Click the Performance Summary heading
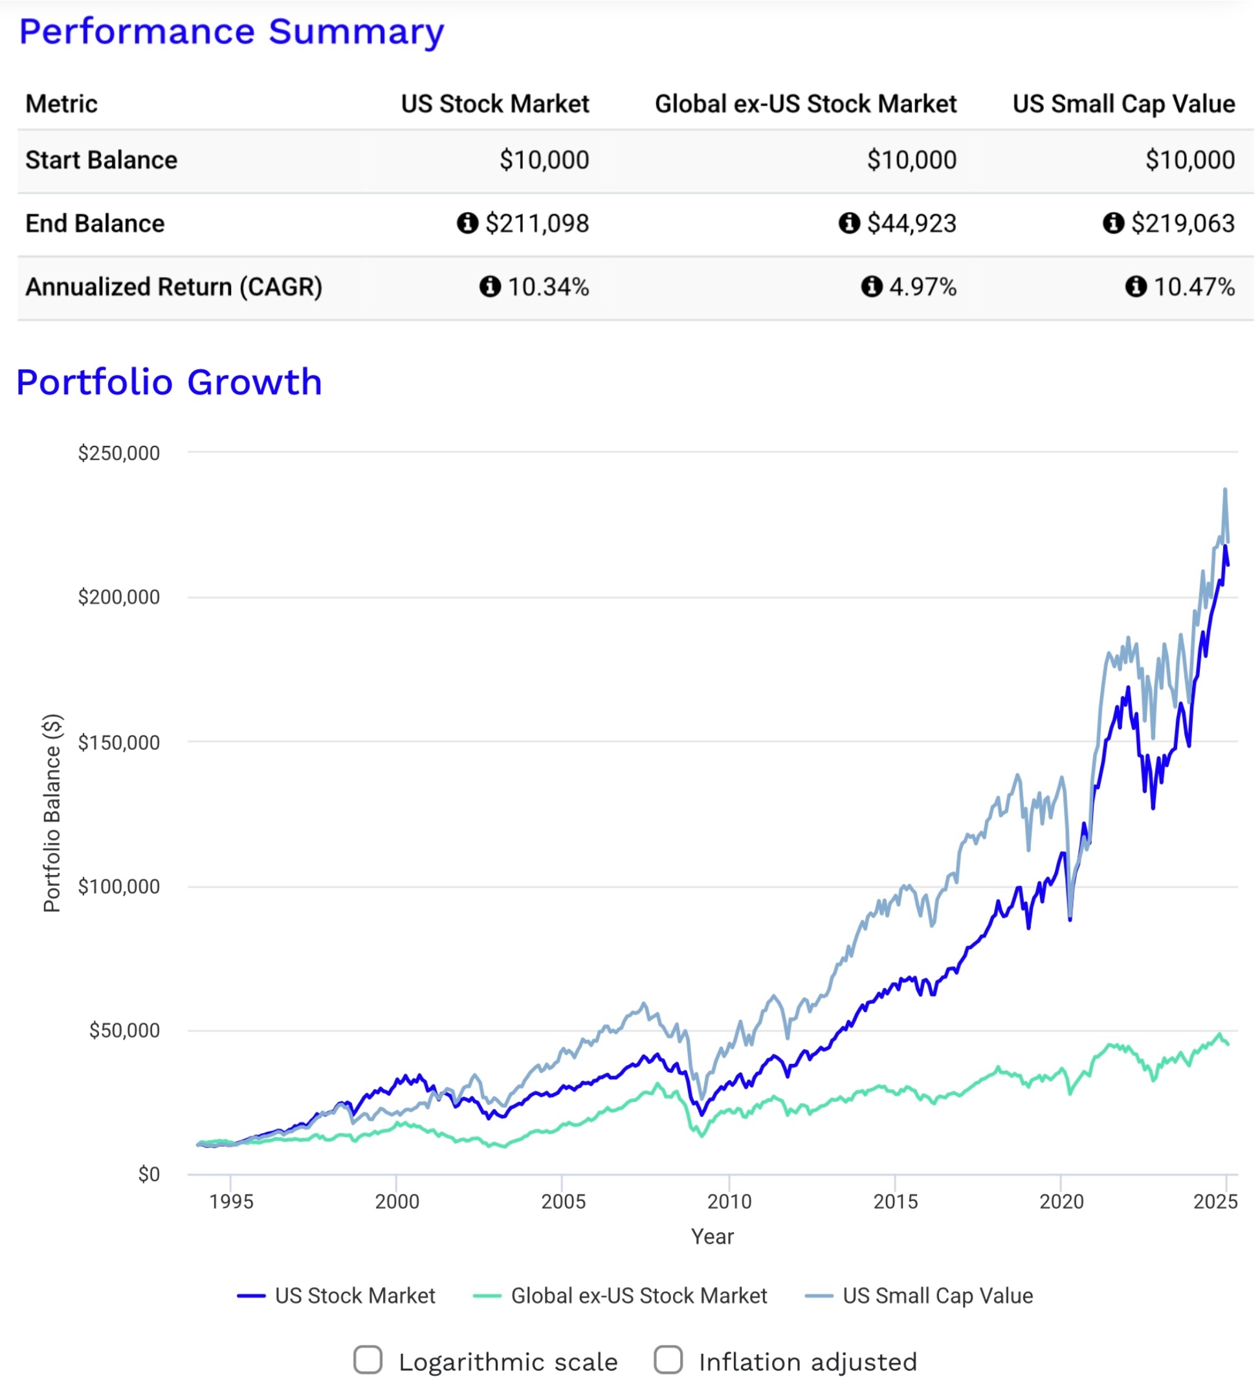pos(231,32)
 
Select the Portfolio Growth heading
pos(169,382)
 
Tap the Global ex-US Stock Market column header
pos(805,104)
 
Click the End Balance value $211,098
pos(536,223)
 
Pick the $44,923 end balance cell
pos(911,223)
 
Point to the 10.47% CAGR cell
pos(1194,287)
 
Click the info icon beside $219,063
pos(1113,223)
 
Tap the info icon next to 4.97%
pos(871,287)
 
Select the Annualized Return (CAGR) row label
pos(174,287)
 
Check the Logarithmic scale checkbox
pos(368,1360)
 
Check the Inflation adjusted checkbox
pos(668,1360)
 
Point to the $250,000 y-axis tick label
pos(118,453)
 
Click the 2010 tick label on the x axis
pos(729,1202)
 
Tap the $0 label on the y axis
pos(148,1175)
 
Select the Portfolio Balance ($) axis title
pos(52,813)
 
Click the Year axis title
pos(712,1236)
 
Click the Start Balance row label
pos(102,160)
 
